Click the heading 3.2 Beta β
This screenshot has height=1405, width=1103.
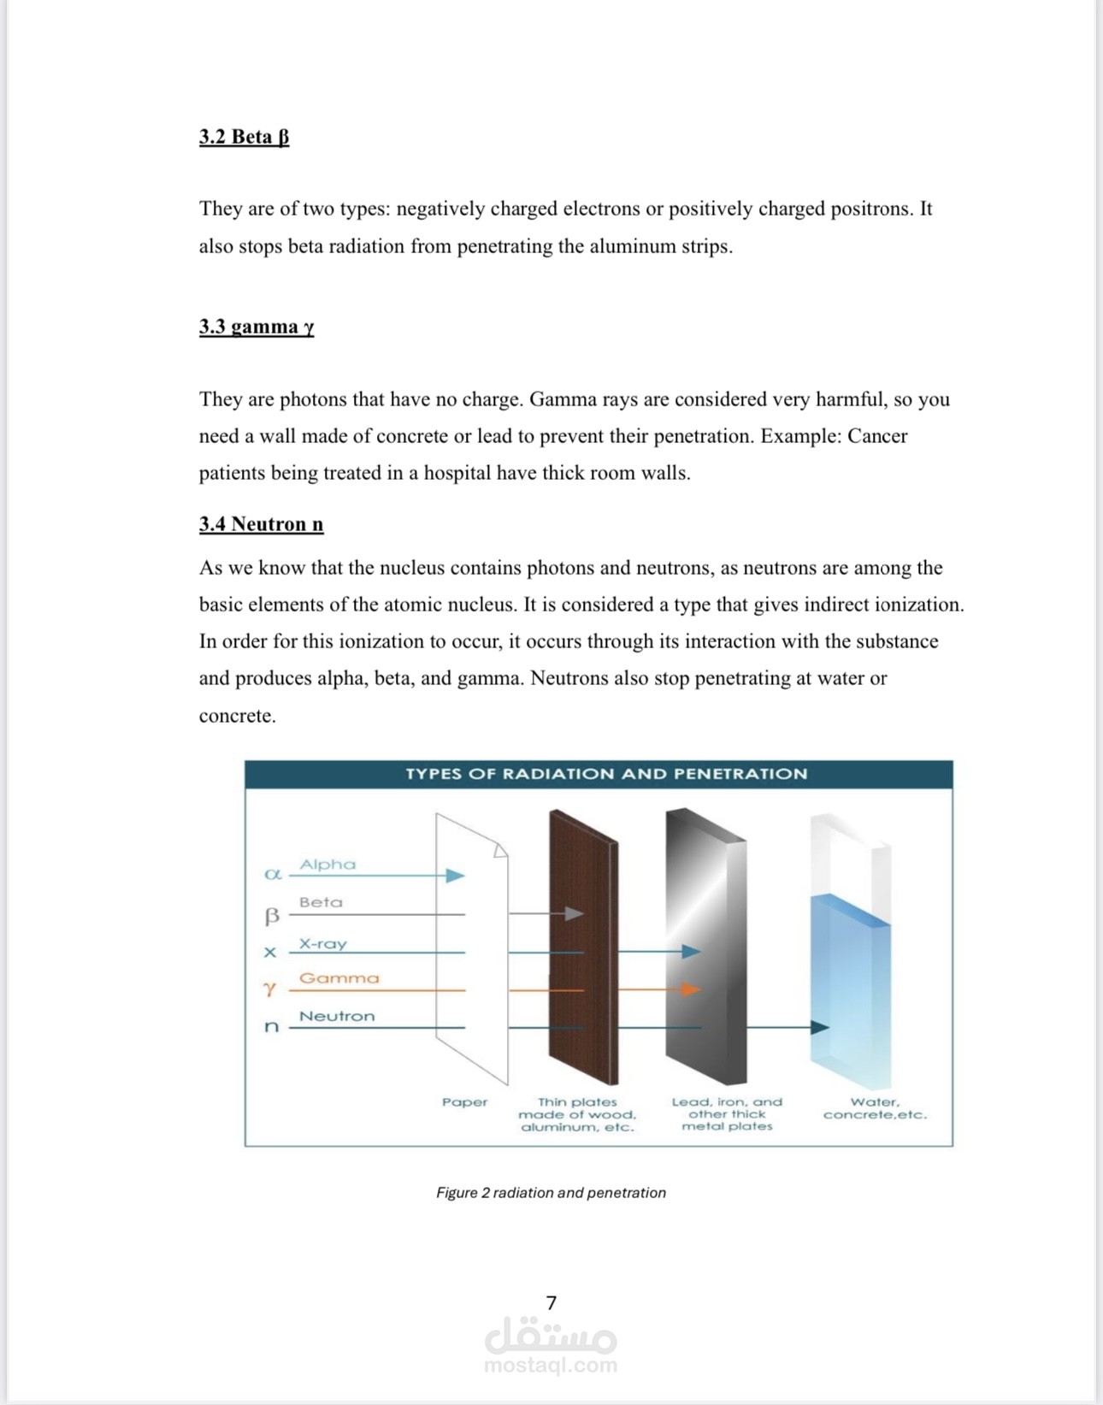(x=244, y=137)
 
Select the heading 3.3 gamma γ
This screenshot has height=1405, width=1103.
(x=257, y=327)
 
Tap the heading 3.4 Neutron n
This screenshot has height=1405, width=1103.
(x=261, y=524)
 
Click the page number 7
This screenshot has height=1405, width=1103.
(x=551, y=1302)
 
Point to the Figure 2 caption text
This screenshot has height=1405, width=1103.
(x=551, y=1192)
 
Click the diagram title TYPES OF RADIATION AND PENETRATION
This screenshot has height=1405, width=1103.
(x=605, y=774)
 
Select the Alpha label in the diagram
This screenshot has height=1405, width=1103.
(x=327, y=865)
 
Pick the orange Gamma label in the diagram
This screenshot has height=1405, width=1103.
(x=339, y=978)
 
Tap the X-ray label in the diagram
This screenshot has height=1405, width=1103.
(x=322, y=944)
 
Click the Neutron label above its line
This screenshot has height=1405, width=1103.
(x=336, y=1016)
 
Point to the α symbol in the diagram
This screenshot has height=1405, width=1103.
(x=273, y=874)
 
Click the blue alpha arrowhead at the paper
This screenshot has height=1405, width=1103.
(x=455, y=875)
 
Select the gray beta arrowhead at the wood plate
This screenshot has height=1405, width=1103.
(x=574, y=913)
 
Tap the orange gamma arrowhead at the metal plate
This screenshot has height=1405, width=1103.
(x=691, y=989)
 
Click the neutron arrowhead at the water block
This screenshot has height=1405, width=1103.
(x=819, y=1027)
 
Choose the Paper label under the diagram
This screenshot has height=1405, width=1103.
(x=464, y=1102)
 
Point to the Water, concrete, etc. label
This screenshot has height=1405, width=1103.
(x=874, y=1108)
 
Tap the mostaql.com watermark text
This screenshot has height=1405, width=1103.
(x=550, y=1365)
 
